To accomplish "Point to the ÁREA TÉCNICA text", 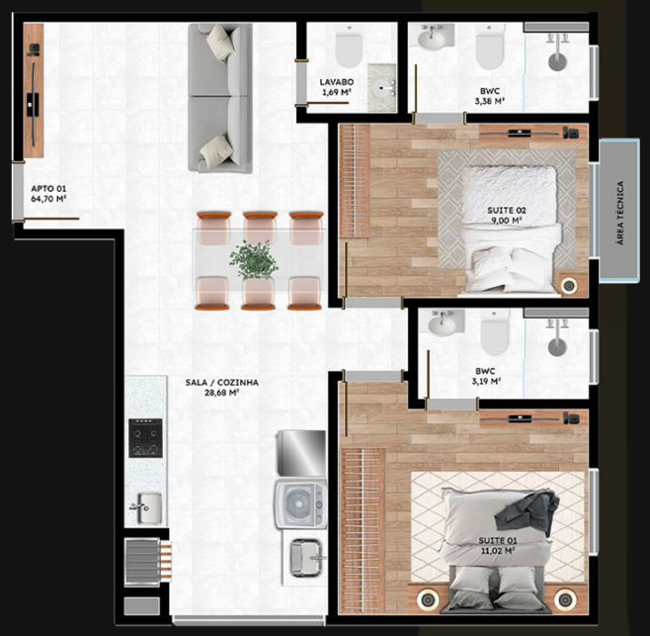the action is pos(620,213).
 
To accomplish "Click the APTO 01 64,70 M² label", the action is pos(49,194).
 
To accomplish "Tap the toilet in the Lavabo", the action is pos(349,45).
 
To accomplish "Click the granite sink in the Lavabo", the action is pos(381,88).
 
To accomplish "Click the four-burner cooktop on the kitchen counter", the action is pos(145,438).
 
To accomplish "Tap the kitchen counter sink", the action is pos(147,508).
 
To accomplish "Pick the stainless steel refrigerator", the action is pos(301,453).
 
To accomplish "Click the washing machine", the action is pos(300,504).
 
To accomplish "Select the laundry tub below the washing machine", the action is pos(306,558).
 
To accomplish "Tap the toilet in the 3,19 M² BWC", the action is pos(495,333).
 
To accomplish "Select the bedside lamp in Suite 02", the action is pos(569,286).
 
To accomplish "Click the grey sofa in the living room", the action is pos(220,98).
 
